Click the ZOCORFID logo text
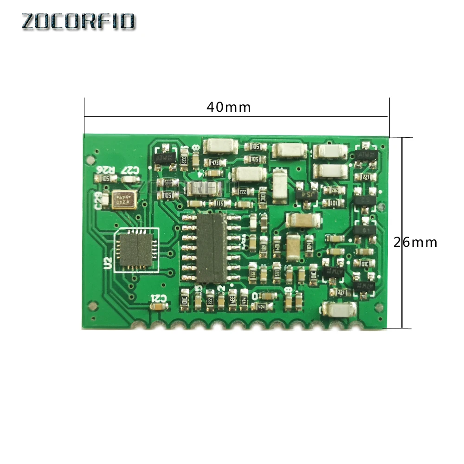78,21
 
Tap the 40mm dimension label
228,107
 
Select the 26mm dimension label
415,242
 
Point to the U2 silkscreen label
108,264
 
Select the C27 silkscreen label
130,170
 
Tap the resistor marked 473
214,162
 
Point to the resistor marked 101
333,203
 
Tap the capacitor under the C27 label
131,179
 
